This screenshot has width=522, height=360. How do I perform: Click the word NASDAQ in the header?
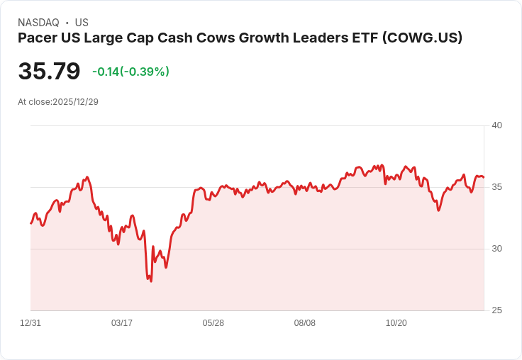(38, 23)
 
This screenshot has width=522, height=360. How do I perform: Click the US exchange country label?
(82, 23)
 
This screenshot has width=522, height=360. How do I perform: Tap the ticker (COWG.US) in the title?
(422, 38)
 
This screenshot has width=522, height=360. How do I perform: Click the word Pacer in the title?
(37, 38)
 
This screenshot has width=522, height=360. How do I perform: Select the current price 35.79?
(49, 72)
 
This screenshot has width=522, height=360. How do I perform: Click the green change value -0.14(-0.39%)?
(130, 72)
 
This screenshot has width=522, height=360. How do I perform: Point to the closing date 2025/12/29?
(75, 102)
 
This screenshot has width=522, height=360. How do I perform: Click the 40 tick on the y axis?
(497, 125)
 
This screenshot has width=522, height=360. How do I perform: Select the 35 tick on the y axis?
(497, 187)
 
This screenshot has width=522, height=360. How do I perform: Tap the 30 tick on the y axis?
(497, 249)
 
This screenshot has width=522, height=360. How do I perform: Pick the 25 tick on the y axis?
(497, 310)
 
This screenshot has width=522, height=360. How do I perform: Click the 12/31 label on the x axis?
(30, 323)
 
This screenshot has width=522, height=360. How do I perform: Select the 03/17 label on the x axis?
(122, 323)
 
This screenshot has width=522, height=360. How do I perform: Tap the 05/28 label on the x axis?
(213, 323)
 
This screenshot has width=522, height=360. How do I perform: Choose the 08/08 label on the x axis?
(305, 323)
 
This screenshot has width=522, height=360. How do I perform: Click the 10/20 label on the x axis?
(396, 323)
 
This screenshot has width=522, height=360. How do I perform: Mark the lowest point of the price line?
(151, 281)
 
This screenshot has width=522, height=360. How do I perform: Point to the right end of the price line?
(484, 177)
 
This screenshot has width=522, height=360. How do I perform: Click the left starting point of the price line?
(30, 224)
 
